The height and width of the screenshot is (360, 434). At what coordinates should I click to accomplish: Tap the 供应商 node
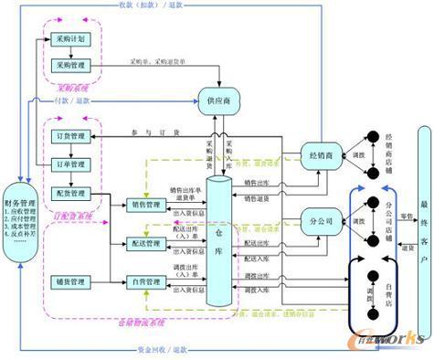220,98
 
